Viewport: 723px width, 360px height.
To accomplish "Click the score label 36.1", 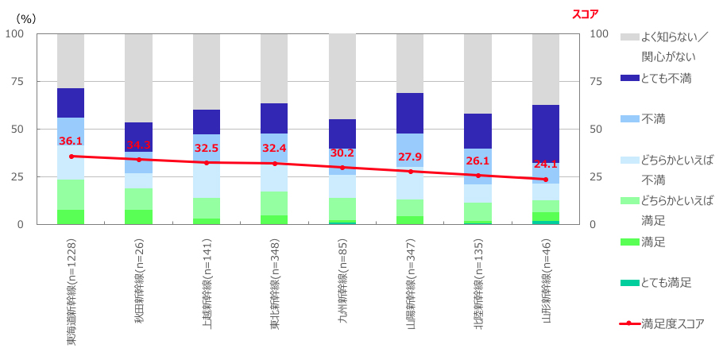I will [71, 141].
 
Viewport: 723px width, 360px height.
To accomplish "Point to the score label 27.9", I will [410, 157].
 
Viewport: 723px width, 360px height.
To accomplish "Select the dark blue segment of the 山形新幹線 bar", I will [545, 134].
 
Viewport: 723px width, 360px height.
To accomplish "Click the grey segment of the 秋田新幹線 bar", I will [138, 78].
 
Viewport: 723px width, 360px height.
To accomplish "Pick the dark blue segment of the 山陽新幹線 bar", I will [410, 113].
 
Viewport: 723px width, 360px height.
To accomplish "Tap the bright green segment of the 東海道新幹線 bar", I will [71, 217].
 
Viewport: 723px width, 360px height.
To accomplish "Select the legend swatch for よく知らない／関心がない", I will [628, 37].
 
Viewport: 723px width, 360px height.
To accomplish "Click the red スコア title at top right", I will [585, 14].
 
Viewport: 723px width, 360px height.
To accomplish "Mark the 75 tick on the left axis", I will [15, 81].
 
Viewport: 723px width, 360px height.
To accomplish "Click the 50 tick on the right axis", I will [598, 129].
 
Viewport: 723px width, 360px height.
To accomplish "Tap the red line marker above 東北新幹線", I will [274, 164].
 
